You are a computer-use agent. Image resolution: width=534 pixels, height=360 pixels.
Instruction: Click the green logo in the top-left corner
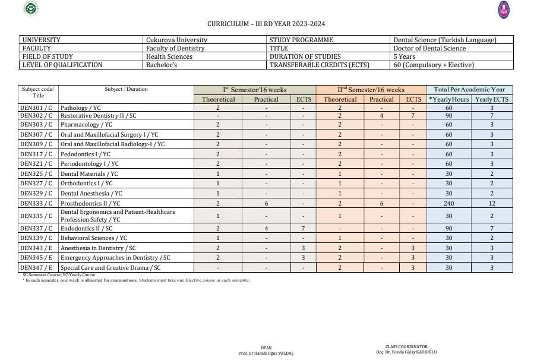[30, 8]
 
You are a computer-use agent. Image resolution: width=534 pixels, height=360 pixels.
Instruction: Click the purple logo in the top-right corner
[504, 10]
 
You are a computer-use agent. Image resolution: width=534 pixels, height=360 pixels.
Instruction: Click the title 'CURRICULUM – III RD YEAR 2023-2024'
[266, 24]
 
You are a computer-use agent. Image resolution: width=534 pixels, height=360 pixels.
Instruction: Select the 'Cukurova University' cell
[176, 40]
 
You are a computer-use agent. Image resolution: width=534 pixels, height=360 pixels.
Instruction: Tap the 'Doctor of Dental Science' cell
[429, 48]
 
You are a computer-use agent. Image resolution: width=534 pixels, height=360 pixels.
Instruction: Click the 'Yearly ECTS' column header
[492, 99]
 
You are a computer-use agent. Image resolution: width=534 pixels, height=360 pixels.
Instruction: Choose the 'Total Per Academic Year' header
[469, 90]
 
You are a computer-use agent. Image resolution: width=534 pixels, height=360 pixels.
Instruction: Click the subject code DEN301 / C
[36, 108]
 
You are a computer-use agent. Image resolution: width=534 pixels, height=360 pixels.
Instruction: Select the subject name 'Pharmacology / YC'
[86, 125]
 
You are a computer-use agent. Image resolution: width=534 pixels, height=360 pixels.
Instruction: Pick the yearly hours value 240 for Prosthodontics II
[448, 203]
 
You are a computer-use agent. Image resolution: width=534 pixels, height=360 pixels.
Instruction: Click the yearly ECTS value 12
[492, 203]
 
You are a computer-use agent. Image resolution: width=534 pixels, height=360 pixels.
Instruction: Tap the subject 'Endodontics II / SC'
[86, 229]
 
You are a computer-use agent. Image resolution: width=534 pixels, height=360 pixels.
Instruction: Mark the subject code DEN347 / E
[36, 268]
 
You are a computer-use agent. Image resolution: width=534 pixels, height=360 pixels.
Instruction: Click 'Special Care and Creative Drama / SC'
[110, 268]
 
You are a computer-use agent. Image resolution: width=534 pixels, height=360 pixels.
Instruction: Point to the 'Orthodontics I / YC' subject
[86, 184]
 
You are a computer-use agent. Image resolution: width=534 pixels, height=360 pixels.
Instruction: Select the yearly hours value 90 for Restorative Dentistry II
[448, 116]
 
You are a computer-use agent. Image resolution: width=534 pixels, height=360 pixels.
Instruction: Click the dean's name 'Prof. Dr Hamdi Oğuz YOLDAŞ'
[266, 353]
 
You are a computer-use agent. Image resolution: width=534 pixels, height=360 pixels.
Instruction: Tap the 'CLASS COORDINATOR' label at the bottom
[406, 347]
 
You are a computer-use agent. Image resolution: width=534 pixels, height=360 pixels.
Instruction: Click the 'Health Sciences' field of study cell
[169, 56]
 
